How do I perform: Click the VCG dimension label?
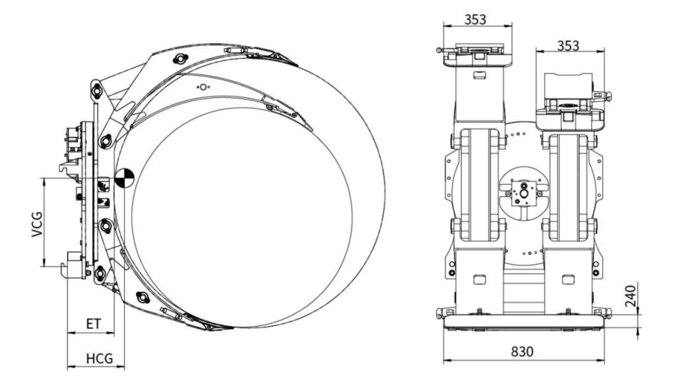point(37,224)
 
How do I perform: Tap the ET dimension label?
point(93,324)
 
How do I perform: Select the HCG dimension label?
point(99,358)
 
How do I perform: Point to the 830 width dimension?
point(522,352)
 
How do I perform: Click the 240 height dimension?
point(631,296)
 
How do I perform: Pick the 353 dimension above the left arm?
point(475,19)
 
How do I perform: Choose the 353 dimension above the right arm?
point(568,46)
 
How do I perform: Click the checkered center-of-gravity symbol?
point(124,178)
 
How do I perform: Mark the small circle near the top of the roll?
point(203,87)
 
